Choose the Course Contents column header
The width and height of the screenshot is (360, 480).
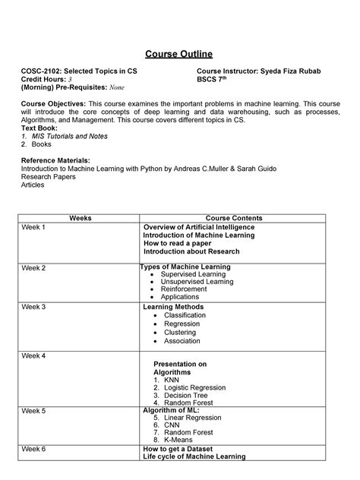pos(232,218)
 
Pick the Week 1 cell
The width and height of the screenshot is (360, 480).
pos(34,227)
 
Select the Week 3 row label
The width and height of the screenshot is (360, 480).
pos(34,307)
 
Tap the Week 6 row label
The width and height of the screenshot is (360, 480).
pos(34,449)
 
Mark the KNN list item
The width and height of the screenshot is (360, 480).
pos(171,380)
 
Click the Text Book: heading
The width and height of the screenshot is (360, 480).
pos(39,128)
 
